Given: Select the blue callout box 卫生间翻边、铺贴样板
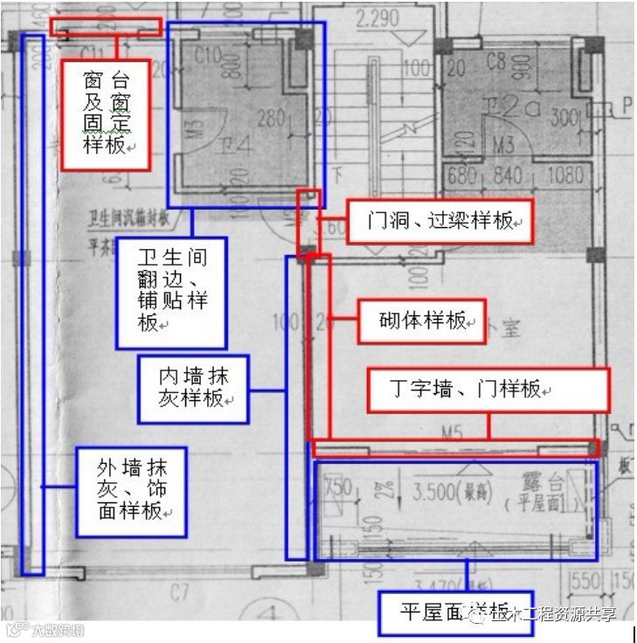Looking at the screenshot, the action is click(171, 293).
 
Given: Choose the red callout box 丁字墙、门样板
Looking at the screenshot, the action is click(488, 390).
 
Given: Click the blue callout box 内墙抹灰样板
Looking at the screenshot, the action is click(194, 387).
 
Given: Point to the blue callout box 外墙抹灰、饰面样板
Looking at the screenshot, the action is click(130, 491).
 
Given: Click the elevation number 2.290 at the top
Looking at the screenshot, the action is click(377, 17).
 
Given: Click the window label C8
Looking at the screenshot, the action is click(495, 61).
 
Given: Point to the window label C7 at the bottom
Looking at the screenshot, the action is click(179, 594).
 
